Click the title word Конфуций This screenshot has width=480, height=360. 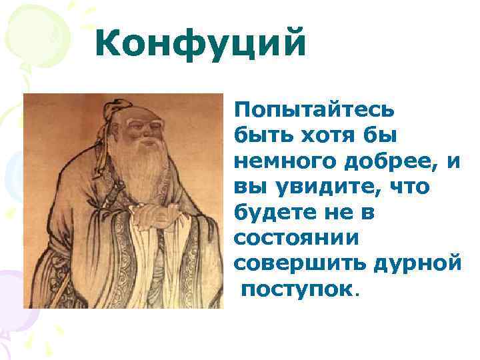click(x=201, y=45)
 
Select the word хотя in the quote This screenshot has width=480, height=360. click(x=323, y=135)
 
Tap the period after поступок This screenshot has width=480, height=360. click(x=357, y=293)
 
